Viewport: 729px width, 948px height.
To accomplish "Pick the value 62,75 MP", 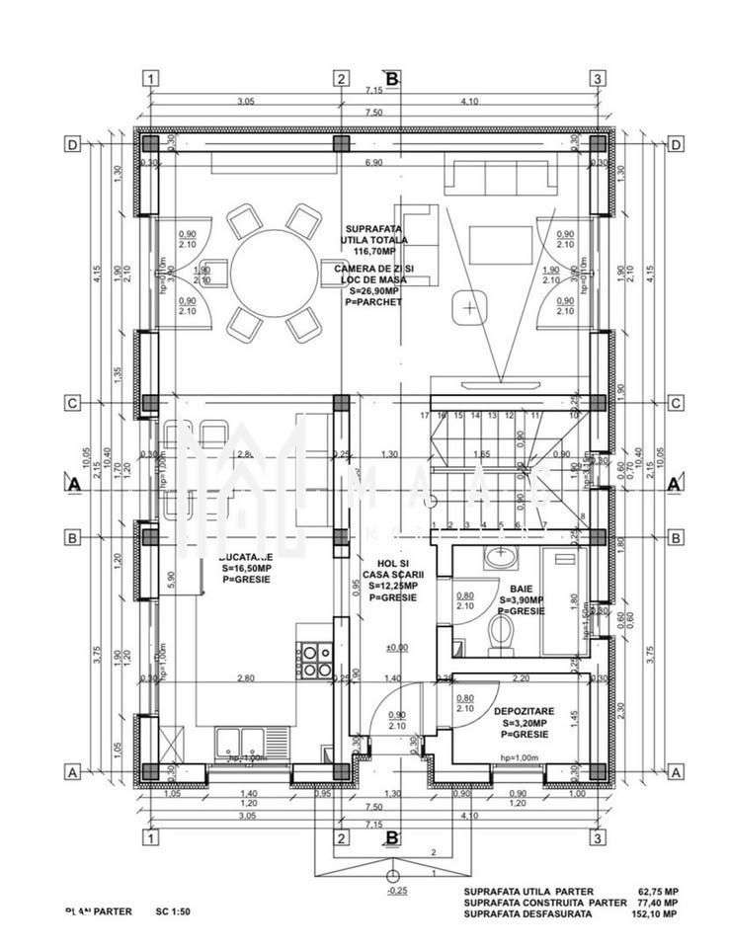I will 660,891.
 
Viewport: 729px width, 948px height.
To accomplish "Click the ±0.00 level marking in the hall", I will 396,648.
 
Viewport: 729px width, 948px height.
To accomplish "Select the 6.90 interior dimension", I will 373,162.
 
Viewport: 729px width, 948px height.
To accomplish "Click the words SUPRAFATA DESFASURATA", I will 528,914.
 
